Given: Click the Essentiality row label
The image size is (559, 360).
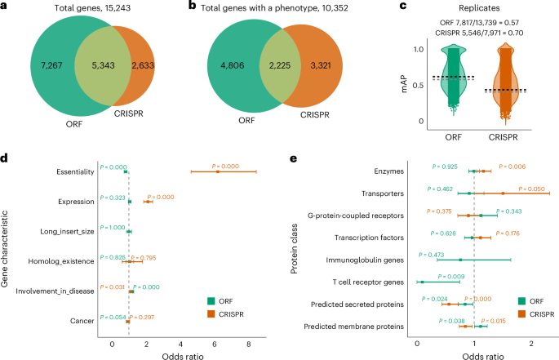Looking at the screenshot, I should pos(70,171).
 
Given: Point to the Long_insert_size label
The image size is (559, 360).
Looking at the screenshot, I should pos(66,232).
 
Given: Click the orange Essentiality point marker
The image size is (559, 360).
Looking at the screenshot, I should pos(218,171).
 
